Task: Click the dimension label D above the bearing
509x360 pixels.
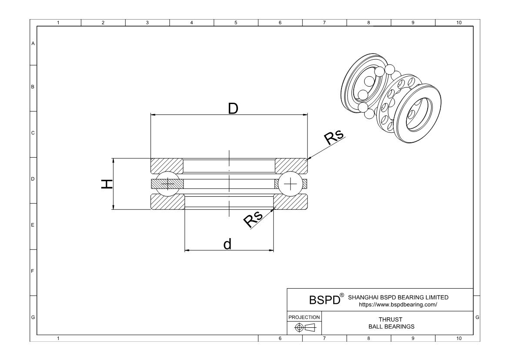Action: coord(233,108)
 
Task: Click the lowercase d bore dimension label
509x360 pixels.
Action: coord(227,244)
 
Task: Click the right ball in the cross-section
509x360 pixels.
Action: coord(290,184)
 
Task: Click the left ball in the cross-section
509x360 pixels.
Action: coord(168,184)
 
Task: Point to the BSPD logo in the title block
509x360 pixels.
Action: coord(324,300)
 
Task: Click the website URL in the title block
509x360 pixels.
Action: coord(398,305)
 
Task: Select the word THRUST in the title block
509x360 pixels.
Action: coord(390,320)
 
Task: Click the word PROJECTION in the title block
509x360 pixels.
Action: coord(304,317)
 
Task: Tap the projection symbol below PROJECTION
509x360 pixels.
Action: coord(304,328)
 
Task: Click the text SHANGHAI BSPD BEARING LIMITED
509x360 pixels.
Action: coord(398,297)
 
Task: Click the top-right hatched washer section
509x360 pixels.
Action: coord(291,166)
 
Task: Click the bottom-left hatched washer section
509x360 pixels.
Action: coord(167,202)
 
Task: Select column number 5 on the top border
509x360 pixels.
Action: coord(236,23)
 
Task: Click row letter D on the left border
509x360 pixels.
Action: coord(33,179)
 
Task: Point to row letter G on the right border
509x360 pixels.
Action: coord(478,317)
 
